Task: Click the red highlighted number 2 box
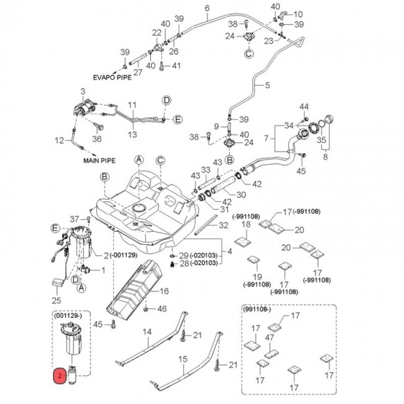(x=59, y=376)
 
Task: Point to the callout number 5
(x=268, y=85)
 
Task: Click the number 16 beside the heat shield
(x=165, y=291)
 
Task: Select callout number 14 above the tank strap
(x=147, y=333)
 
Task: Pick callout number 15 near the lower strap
(x=183, y=359)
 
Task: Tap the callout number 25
(x=57, y=300)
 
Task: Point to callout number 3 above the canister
(x=83, y=92)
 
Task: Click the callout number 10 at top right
(x=298, y=14)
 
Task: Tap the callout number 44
(x=304, y=108)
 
